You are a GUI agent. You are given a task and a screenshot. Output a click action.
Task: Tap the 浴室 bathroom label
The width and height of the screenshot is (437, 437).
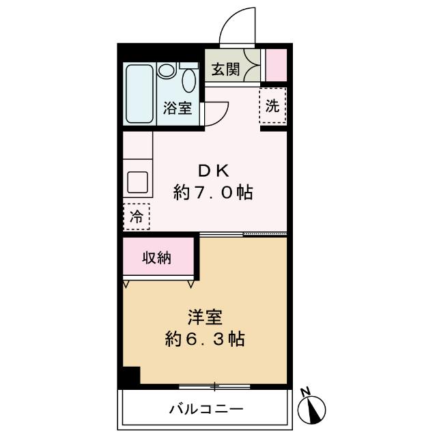click(x=176, y=108)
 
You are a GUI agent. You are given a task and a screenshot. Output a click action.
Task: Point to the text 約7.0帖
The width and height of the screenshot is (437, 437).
click(x=213, y=193)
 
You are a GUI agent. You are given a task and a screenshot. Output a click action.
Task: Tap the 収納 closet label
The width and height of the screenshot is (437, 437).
click(x=156, y=258)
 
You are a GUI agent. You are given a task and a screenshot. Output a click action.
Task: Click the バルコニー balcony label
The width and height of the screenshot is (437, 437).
click(x=206, y=410)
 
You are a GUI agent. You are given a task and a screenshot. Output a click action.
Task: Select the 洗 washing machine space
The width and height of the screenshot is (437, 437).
click(x=272, y=107)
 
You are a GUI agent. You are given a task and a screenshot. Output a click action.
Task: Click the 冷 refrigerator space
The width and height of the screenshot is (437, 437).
click(x=137, y=217)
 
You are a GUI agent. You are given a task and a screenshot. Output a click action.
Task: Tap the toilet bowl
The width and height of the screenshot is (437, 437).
click(x=188, y=80)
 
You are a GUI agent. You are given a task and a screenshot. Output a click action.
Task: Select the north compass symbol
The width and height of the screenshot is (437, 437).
click(x=315, y=409)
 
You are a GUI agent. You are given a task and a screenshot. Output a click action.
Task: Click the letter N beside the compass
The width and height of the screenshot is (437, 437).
click(x=307, y=391)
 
